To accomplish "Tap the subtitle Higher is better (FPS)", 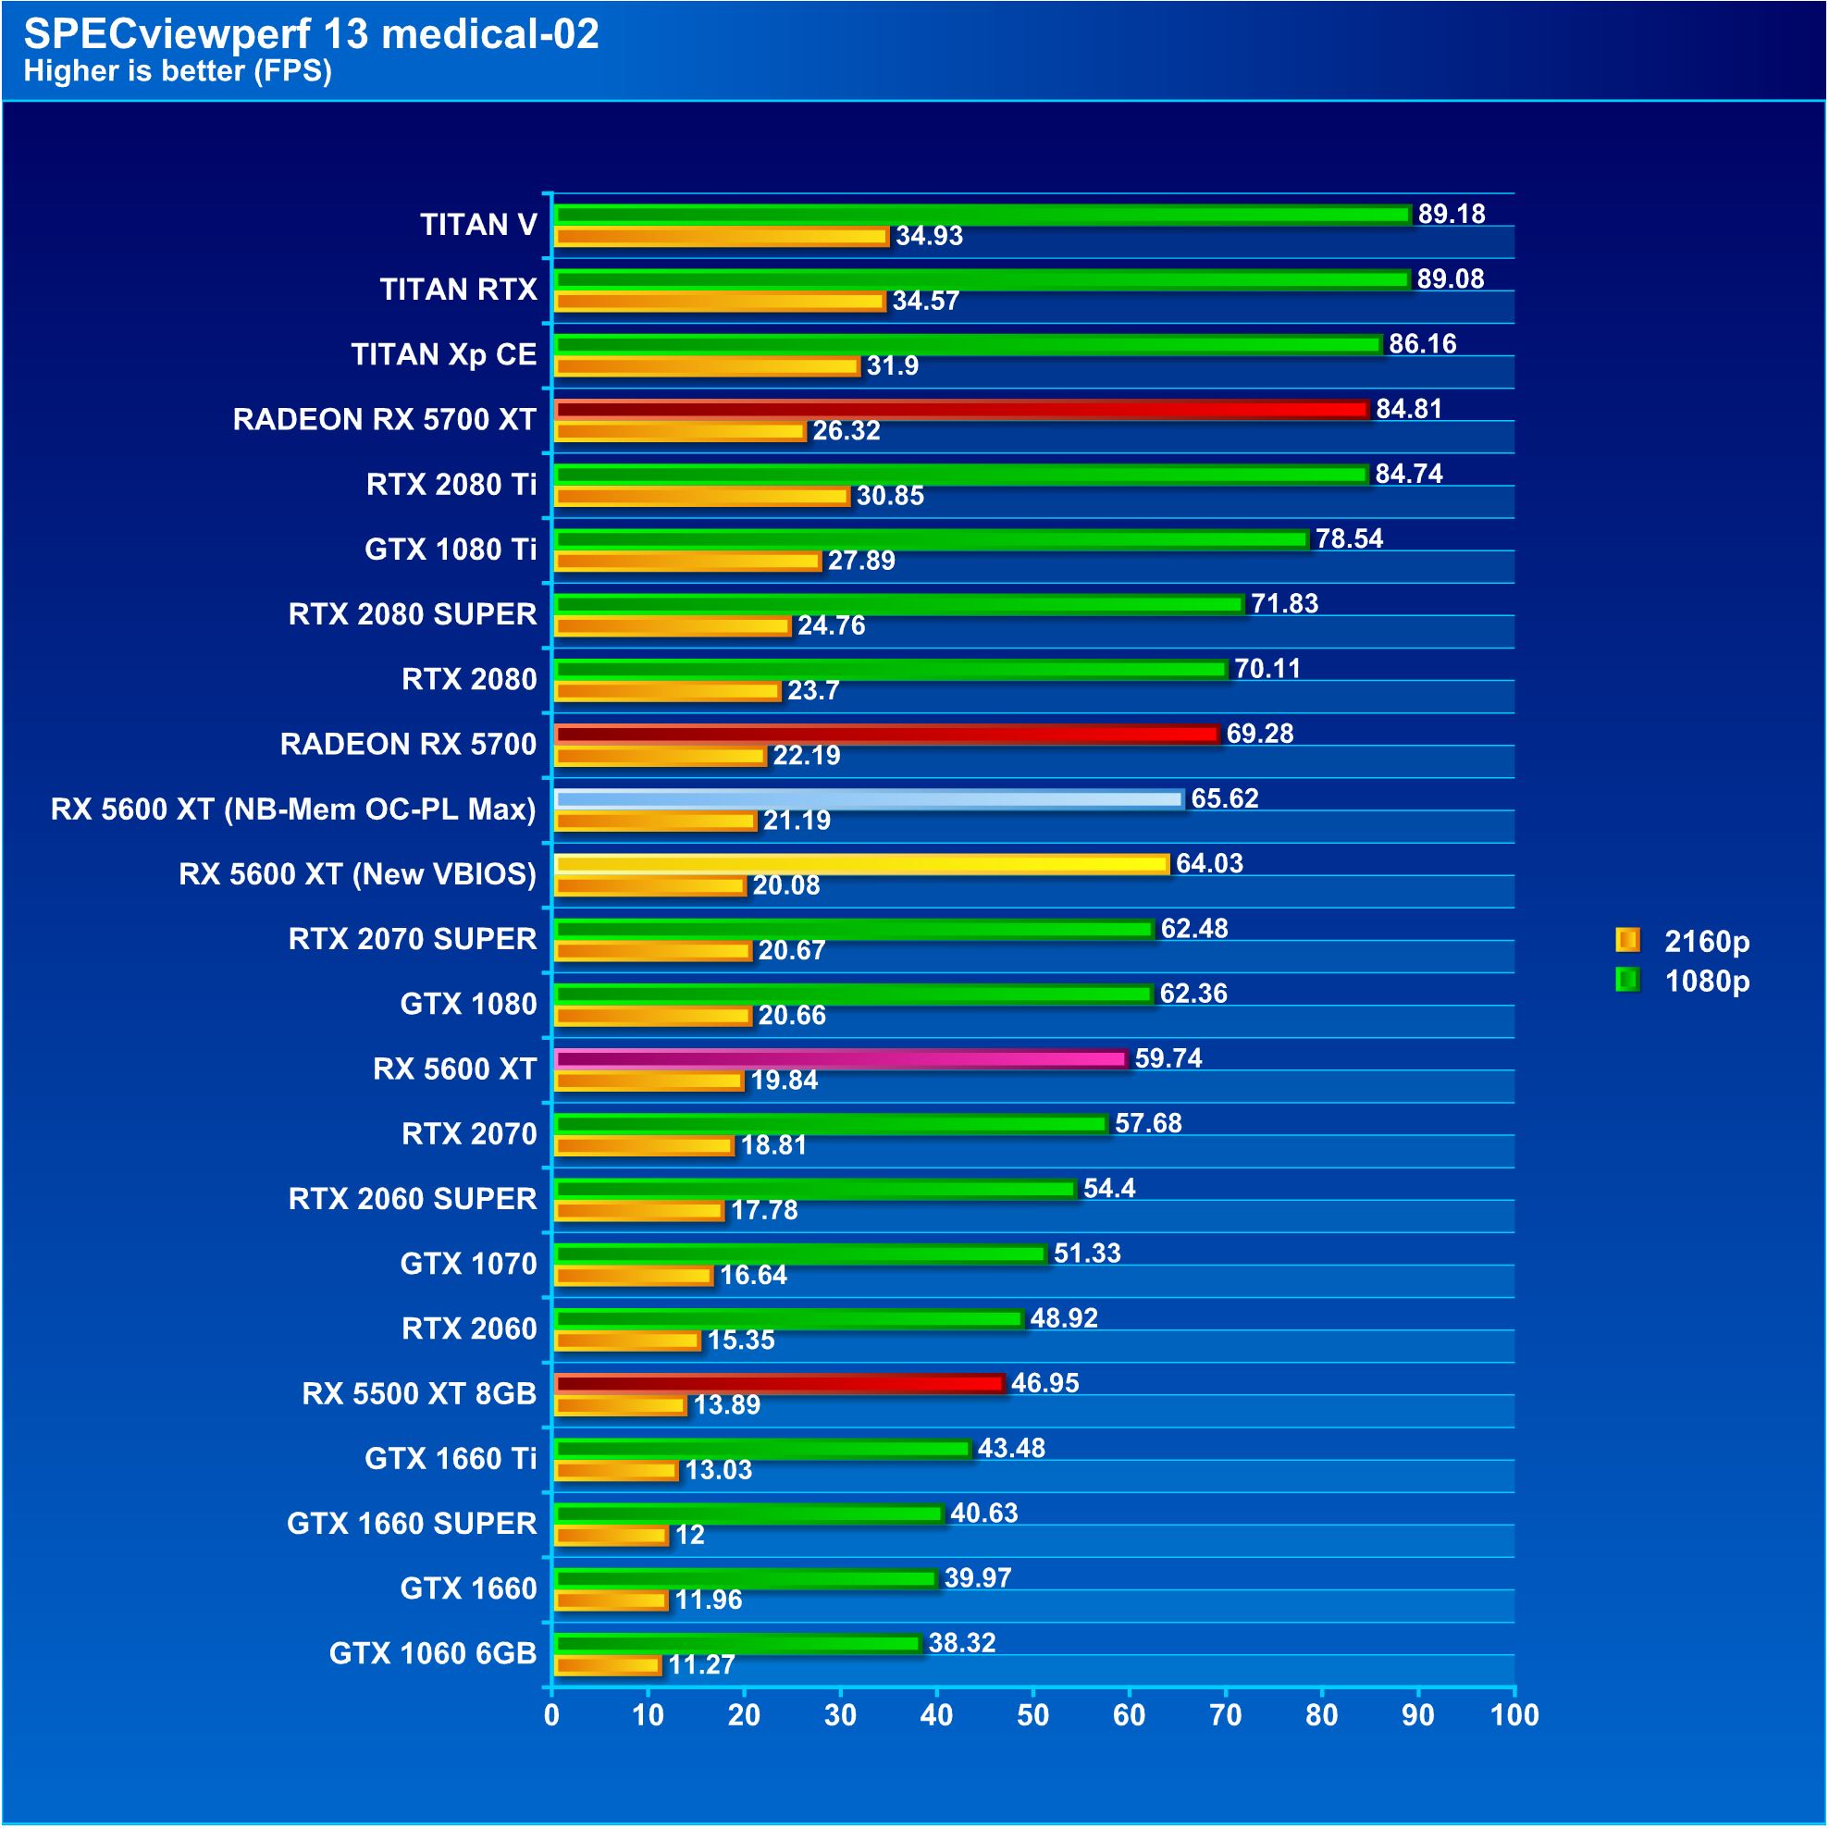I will pyautogui.click(x=177, y=71).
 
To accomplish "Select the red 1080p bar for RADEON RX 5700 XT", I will pyautogui.click(x=961, y=409).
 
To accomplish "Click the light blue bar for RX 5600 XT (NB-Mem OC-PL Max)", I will pyautogui.click(x=868, y=799).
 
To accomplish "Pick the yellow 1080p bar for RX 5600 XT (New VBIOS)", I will pyautogui.click(x=860, y=863).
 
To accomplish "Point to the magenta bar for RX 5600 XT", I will pyautogui.click(x=840, y=1058).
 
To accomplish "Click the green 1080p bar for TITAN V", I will pyautogui.click(x=982, y=215).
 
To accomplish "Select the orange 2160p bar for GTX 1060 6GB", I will pyautogui.click(x=607, y=1664).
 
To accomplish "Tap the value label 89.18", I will pyautogui.click(x=1451, y=214).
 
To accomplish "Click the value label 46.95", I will pyautogui.click(x=1044, y=1383).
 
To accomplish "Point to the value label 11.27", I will pyautogui.click(x=700, y=1664).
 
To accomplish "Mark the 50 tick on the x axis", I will pyautogui.click(x=1032, y=1714).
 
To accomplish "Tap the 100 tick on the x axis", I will pyautogui.click(x=1514, y=1714).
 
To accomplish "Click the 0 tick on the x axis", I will pyautogui.click(x=552, y=1714).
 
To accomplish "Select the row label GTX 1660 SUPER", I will pyautogui.click(x=411, y=1523).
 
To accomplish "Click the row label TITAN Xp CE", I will pyautogui.click(x=443, y=354).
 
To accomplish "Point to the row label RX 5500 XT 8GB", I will pyautogui.click(x=418, y=1393).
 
